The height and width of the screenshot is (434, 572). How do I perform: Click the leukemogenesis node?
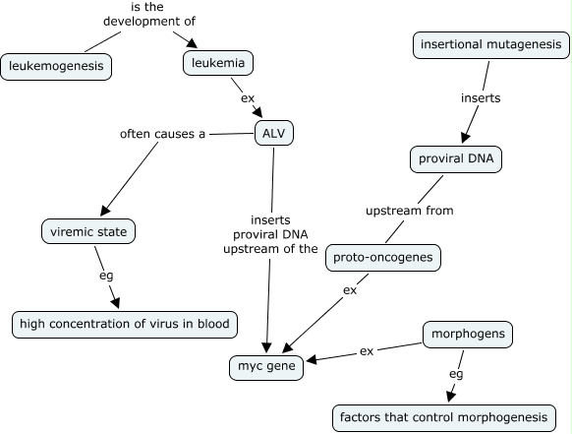[56, 67]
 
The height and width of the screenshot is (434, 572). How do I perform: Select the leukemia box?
[218, 63]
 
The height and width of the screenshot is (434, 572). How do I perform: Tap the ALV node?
[274, 133]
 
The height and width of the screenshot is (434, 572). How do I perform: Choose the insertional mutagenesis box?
[491, 45]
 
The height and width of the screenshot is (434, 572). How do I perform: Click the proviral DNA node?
[456, 159]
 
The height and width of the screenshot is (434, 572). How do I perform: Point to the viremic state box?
[88, 231]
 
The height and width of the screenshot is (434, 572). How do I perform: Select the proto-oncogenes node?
[383, 258]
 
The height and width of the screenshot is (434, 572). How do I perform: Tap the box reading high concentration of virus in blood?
[125, 325]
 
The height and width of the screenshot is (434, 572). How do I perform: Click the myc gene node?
[266, 367]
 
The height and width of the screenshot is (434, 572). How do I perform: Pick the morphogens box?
[468, 335]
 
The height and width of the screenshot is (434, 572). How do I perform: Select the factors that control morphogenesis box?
[444, 417]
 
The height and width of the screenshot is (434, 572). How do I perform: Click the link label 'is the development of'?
[148, 14]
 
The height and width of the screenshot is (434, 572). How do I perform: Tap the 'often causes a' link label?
[163, 134]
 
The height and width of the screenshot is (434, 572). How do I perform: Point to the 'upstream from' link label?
[410, 211]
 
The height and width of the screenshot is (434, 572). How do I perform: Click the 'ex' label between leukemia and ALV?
[248, 98]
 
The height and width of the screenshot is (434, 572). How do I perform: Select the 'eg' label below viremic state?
[106, 276]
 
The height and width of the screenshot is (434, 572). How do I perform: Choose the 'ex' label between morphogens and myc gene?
[367, 351]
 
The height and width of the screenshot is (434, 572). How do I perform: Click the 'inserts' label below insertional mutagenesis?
[481, 97]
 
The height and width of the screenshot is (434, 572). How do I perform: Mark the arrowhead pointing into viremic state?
[105, 210]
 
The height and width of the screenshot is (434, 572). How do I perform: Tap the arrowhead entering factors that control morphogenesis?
[451, 397]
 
